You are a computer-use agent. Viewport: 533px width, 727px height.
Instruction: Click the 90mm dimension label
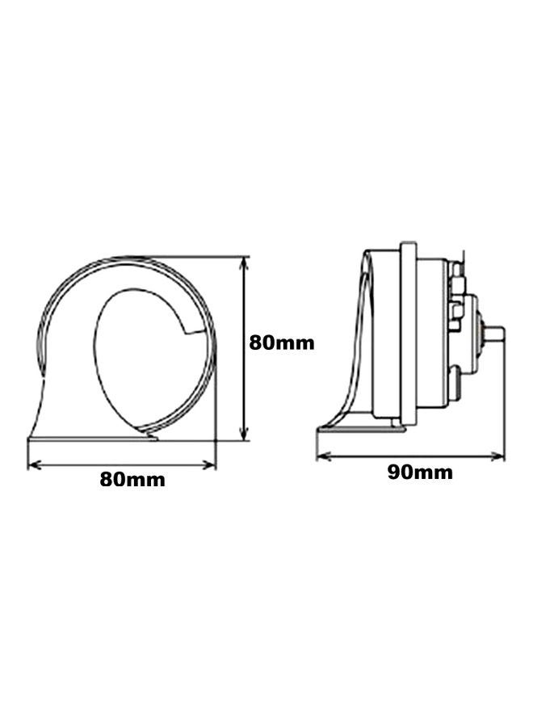pyautogui.click(x=419, y=473)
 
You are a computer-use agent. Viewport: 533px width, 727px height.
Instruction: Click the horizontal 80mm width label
pyautogui.click(x=132, y=479)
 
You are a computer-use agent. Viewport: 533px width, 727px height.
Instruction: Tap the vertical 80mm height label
pyautogui.click(x=281, y=342)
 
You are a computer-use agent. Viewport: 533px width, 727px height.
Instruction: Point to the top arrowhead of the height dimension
pyautogui.click(x=245, y=261)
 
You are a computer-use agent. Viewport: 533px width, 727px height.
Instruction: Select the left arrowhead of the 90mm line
pyautogui.click(x=321, y=456)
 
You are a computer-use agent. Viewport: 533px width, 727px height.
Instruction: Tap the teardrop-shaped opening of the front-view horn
pyautogui.click(x=137, y=355)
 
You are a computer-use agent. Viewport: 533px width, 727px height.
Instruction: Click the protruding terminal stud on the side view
pyautogui.click(x=494, y=332)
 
